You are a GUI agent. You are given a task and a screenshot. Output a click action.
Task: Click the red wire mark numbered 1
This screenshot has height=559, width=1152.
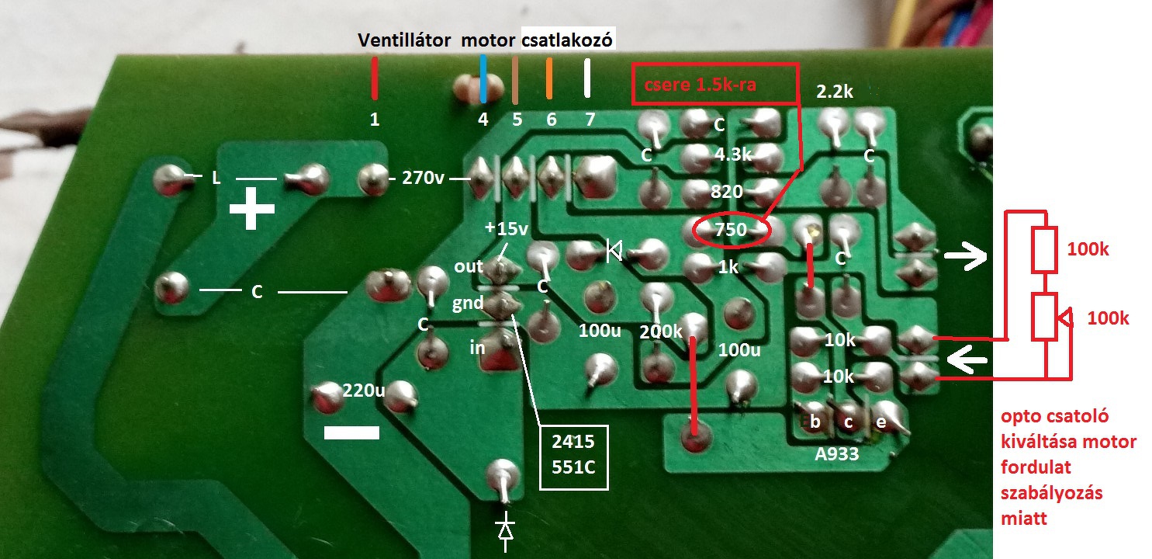pos(375,78)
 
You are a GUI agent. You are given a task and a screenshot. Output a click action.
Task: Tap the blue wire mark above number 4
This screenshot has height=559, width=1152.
pos(483,78)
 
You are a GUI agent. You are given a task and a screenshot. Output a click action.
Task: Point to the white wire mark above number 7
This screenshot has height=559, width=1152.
pos(587,78)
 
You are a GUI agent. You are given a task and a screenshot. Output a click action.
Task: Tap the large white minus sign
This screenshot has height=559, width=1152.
pos(351,432)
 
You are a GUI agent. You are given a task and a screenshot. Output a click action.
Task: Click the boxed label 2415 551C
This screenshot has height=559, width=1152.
pos(573,457)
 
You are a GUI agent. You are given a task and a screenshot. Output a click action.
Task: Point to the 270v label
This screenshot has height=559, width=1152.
pos(423,179)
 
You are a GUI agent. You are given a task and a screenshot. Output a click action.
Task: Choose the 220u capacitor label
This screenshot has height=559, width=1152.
pos(364,391)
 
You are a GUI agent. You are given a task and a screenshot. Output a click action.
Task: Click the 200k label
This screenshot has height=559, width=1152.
pos(661,332)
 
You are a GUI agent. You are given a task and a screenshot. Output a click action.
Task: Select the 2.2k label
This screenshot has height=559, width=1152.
pos(834,92)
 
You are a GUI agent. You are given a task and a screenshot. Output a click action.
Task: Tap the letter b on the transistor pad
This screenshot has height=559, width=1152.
pos(815,422)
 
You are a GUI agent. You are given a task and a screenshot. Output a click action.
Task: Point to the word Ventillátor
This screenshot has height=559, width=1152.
pos(404,40)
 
